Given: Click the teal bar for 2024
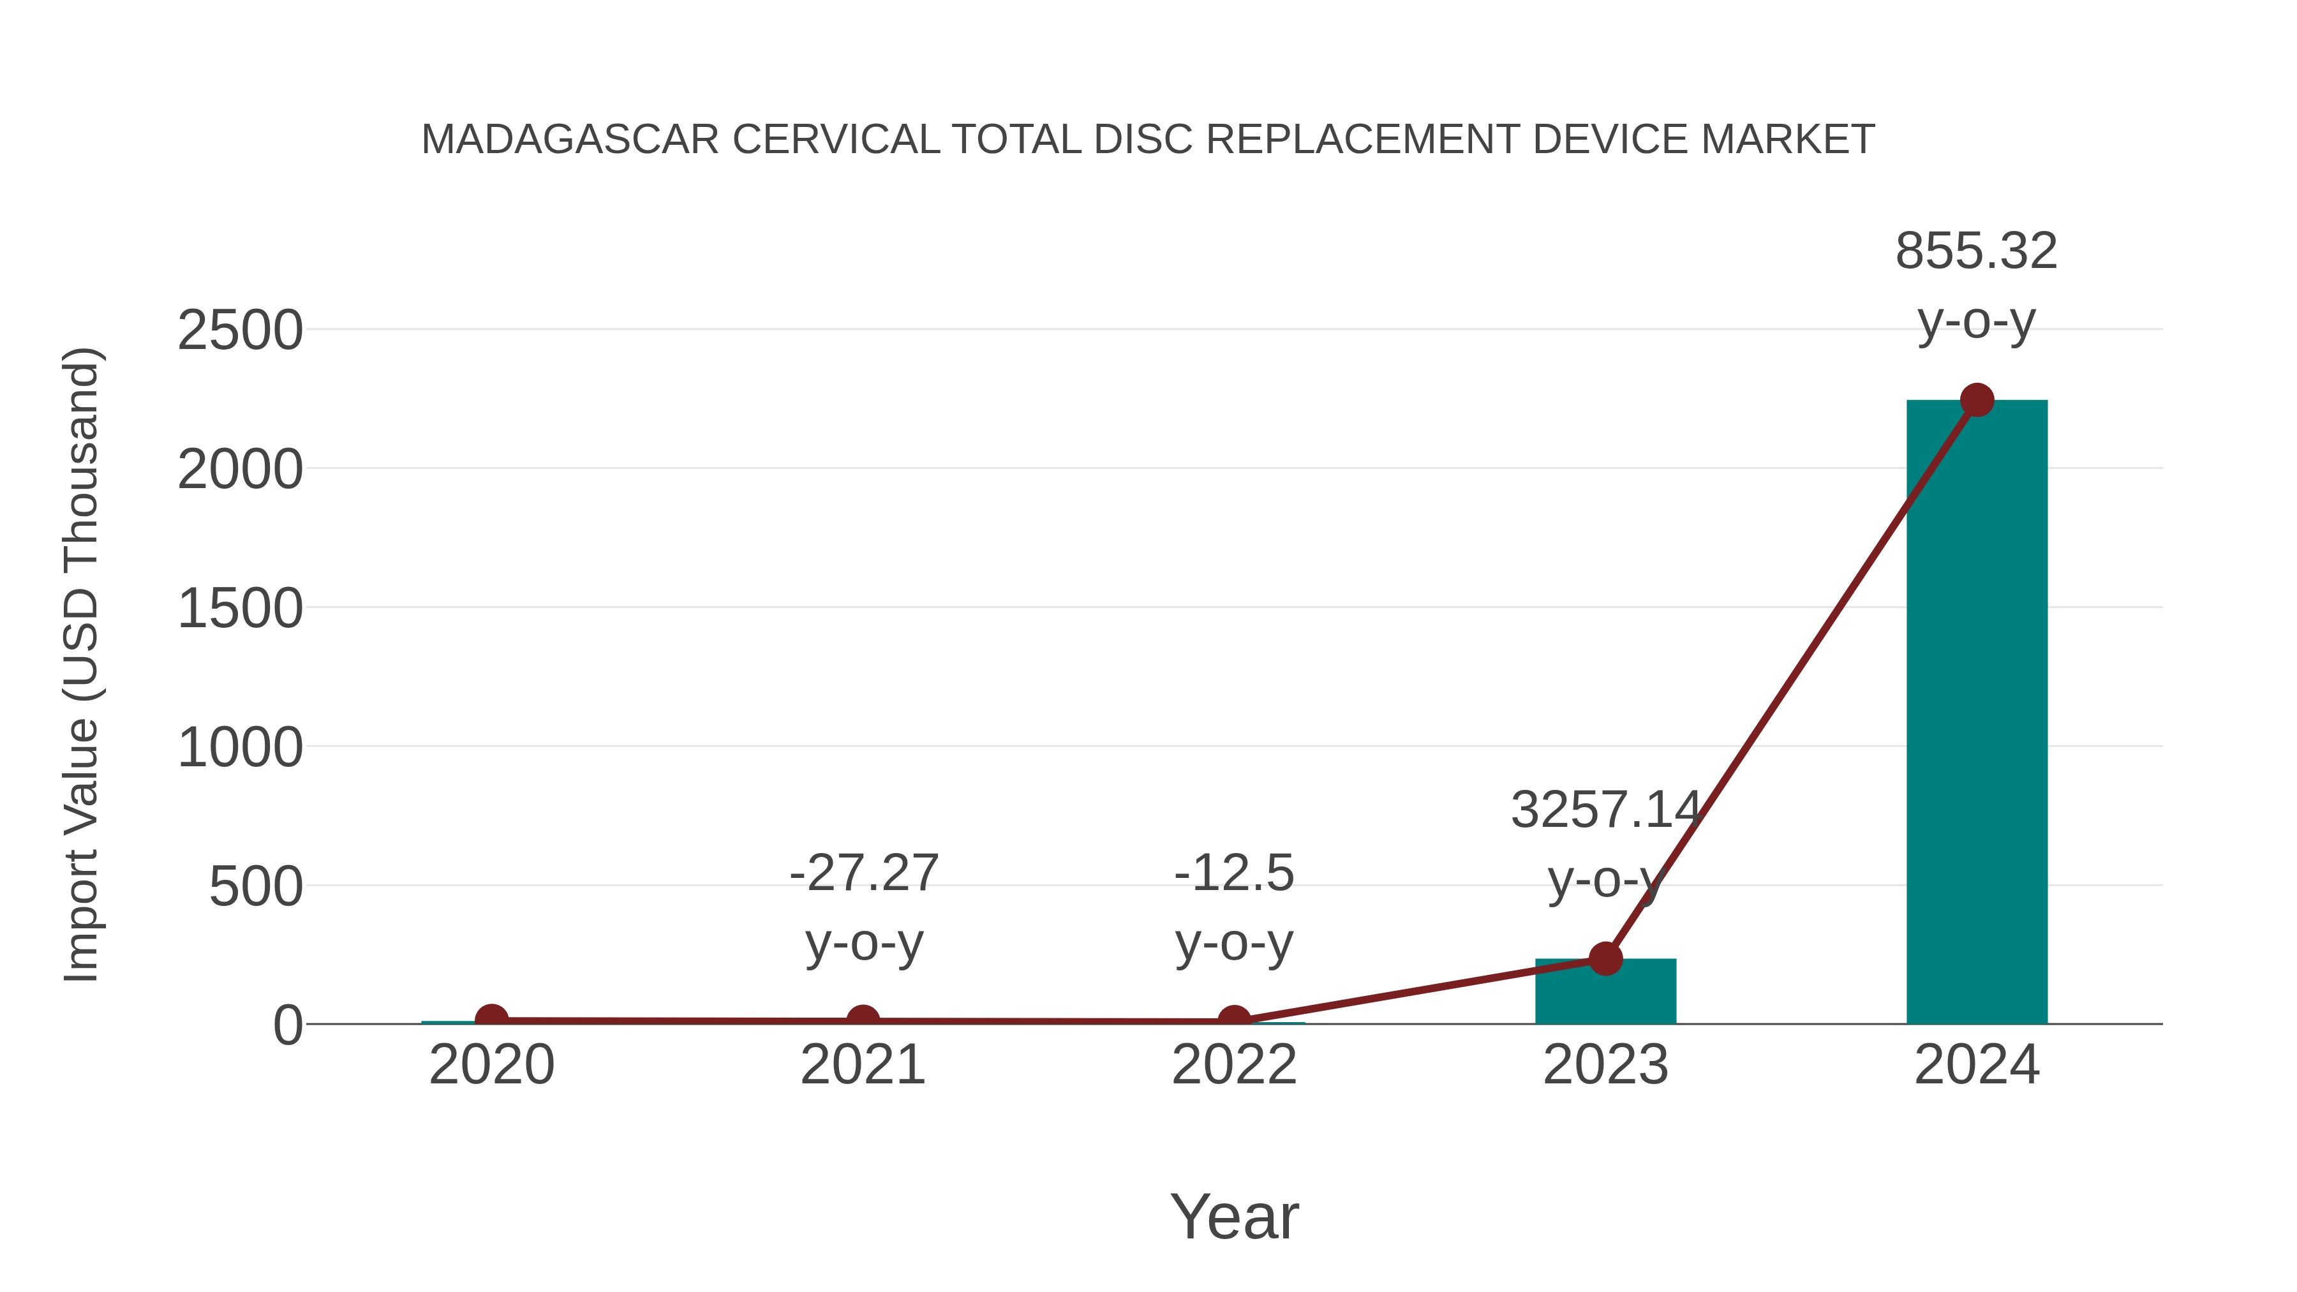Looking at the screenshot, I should point(1976,713).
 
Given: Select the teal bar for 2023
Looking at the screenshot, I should point(1605,991).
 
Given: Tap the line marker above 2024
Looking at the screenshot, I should point(1977,400).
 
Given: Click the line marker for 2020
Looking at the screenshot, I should point(491,1019).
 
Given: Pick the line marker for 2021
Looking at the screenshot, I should point(862,1020).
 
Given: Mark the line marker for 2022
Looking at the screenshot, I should point(1233,1021).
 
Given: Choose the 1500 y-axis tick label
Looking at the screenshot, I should point(240,609).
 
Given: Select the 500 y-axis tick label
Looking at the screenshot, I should point(255,887).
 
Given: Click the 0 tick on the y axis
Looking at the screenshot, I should point(287,1025).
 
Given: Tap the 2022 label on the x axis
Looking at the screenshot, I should point(1233,1065).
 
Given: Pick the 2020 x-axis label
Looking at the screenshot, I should point(491,1065).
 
